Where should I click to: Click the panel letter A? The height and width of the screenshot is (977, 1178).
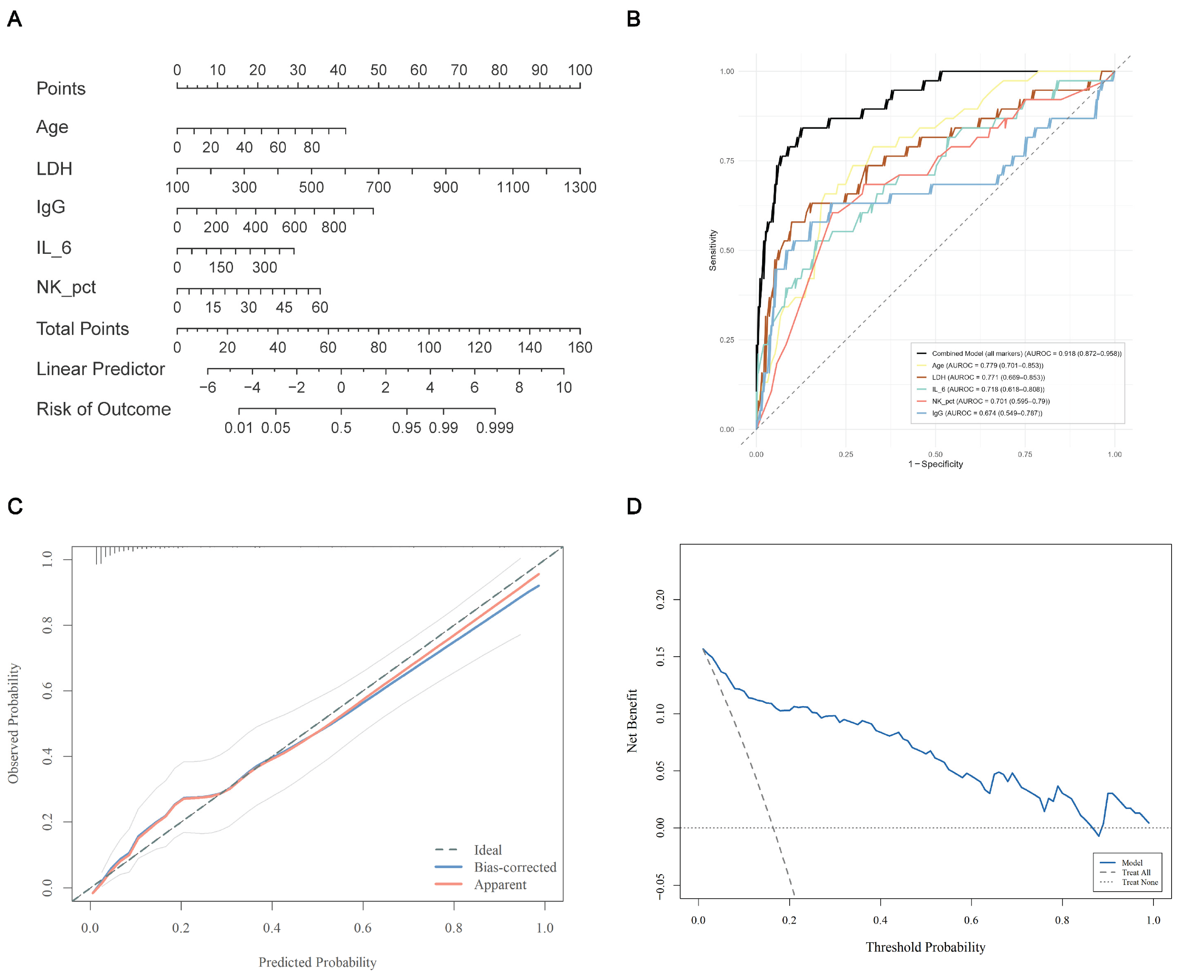15,19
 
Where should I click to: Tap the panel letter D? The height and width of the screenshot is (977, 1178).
634,506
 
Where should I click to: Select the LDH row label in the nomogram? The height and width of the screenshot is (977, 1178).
54,169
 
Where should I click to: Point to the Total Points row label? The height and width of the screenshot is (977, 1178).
83,329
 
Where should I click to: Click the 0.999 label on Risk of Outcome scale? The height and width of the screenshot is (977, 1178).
495,428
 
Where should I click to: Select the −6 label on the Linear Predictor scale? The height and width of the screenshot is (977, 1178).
208,388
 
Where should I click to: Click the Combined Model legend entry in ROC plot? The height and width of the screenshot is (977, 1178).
1019,353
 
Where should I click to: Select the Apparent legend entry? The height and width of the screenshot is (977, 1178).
481,884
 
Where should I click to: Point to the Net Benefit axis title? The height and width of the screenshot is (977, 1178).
632,721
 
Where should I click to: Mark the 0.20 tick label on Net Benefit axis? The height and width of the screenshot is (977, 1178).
660,599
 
